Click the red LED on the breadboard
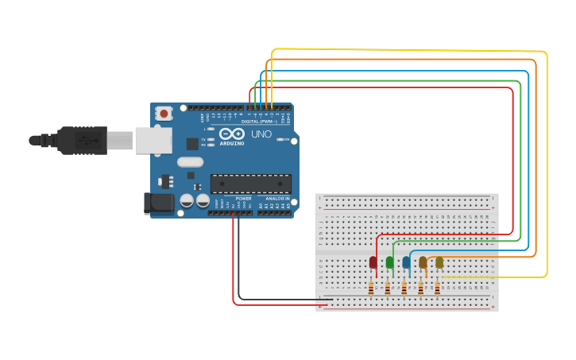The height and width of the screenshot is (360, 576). (373, 262)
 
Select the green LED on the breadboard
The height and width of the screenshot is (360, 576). (389, 262)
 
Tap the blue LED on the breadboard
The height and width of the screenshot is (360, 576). (406, 262)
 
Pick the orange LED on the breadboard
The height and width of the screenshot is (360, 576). (423, 262)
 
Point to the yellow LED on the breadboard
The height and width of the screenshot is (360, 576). (439, 262)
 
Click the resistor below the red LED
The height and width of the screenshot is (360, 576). (371, 288)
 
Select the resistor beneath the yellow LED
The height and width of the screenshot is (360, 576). (437, 288)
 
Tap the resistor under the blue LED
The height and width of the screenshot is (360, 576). (404, 288)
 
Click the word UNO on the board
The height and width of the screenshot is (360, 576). (261, 134)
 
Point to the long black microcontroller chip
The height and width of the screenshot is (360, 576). (250, 184)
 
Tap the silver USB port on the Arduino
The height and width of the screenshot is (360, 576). (153, 141)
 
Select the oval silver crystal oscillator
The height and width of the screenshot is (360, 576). (191, 162)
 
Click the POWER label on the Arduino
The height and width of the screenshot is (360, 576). (243, 198)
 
